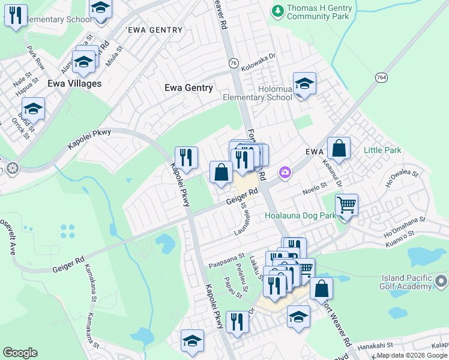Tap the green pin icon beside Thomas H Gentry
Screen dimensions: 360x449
coord(277,10)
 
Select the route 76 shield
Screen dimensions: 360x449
coord(233,64)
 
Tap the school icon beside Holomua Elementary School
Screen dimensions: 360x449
coord(304,85)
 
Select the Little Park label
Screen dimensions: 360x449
coord(382,151)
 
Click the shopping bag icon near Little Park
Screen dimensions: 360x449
coord(339,149)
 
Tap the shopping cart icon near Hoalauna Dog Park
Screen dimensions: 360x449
coord(346,206)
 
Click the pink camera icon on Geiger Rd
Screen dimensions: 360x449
coord(285,173)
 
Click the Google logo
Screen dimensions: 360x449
coord(20,353)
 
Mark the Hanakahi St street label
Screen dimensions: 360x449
coord(375,346)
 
